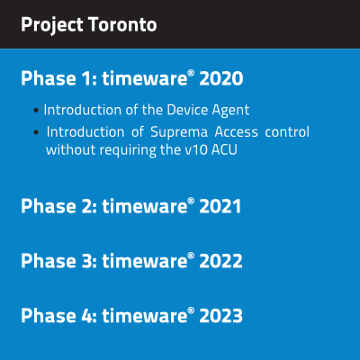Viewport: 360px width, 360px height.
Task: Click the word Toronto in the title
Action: click(x=122, y=24)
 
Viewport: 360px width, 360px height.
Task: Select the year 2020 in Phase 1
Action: click(x=221, y=78)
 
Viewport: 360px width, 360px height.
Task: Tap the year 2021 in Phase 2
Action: click(x=220, y=206)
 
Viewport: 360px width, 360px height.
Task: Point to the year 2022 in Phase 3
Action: click(x=220, y=261)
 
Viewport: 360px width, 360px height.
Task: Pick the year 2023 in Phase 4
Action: click(x=221, y=316)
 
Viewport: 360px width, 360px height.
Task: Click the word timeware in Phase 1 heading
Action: click(x=145, y=78)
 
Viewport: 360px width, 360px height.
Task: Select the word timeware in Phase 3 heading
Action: click(x=145, y=261)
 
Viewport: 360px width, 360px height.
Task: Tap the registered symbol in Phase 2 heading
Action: click(x=192, y=201)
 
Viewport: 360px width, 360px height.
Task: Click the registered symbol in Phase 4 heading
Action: click(x=192, y=310)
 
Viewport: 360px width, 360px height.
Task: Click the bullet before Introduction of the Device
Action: click(x=36, y=111)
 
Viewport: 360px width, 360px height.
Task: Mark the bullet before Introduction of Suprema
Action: click(x=36, y=132)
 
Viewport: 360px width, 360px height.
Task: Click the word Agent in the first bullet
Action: click(x=230, y=111)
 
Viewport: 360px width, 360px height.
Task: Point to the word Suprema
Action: click(x=179, y=132)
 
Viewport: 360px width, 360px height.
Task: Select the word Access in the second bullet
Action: click(x=237, y=132)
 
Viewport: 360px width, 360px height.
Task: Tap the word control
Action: click(x=287, y=131)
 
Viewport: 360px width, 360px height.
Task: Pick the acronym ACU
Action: click(x=224, y=149)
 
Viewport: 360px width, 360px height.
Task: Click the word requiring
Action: click(x=128, y=150)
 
